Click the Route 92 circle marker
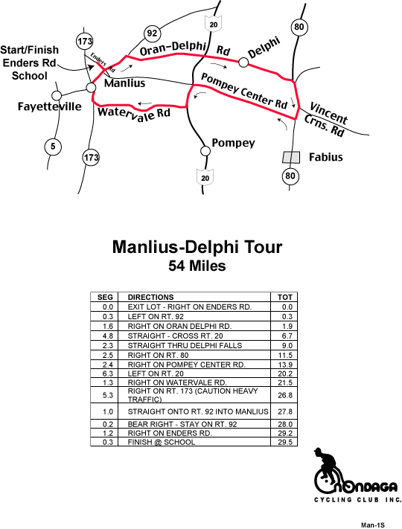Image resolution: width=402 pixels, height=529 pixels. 152,33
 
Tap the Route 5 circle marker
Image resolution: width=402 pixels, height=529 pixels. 53,147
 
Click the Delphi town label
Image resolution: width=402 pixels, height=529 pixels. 264,48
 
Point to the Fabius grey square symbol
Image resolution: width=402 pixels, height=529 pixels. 291,157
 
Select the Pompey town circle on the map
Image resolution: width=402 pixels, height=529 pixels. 205,151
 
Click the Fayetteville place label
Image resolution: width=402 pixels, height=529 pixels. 50,106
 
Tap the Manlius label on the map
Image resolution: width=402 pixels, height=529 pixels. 124,83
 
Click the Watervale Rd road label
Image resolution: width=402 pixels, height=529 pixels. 134,114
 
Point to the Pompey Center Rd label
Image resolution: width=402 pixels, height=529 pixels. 244,92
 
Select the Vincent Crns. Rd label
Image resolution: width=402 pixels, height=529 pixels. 325,120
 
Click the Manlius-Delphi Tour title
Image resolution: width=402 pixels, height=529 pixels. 197,247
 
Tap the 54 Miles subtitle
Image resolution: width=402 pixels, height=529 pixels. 197,266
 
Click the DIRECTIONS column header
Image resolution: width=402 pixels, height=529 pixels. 150,297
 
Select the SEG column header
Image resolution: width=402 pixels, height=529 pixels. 105,297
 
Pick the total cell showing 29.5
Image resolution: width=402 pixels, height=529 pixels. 284,442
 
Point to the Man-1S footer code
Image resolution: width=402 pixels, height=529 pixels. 373,525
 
